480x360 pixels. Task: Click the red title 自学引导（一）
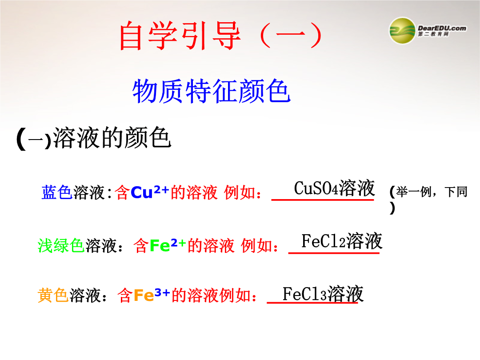pyautogui.click(x=220, y=35)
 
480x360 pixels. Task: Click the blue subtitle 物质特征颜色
pyautogui.click(x=211, y=91)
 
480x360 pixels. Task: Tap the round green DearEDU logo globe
pyautogui.click(x=402, y=31)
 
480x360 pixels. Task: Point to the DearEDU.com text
pyautogui.click(x=442, y=28)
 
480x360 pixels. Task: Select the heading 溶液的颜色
pyautogui.click(x=112, y=138)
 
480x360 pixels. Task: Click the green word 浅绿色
pyautogui.click(x=61, y=245)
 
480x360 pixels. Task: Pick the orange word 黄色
pyautogui.click(x=53, y=296)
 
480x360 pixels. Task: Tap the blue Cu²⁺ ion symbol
pyautogui.click(x=150, y=192)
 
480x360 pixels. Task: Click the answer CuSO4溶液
pyautogui.click(x=334, y=188)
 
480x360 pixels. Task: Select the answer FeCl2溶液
pyautogui.click(x=342, y=241)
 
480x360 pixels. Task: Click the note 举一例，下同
pyautogui.click(x=432, y=192)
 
